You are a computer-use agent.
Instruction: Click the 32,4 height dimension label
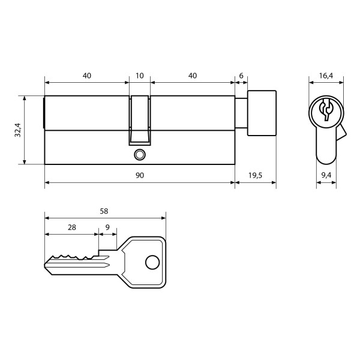[x=17, y=130]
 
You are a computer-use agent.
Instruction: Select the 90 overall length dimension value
[x=140, y=175]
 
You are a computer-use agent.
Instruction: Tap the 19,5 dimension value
[x=255, y=176]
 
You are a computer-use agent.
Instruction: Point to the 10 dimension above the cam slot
[x=140, y=76]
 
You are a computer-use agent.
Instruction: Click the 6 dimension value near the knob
[x=241, y=76]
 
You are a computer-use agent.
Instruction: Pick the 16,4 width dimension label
[x=326, y=76]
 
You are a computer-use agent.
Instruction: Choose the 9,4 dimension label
[x=326, y=175]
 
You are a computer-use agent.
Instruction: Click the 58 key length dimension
[x=104, y=211]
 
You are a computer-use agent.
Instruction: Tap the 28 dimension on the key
[x=72, y=227]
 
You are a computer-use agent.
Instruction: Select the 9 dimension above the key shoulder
[x=107, y=227]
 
